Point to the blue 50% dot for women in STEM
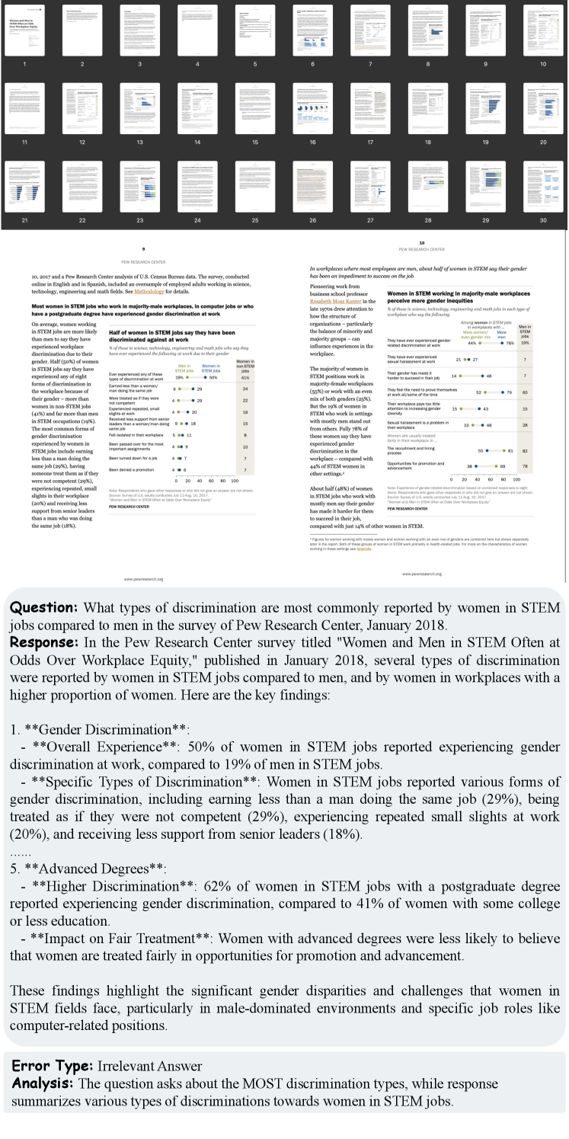pos(203,377)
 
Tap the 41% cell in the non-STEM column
pos(245,377)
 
